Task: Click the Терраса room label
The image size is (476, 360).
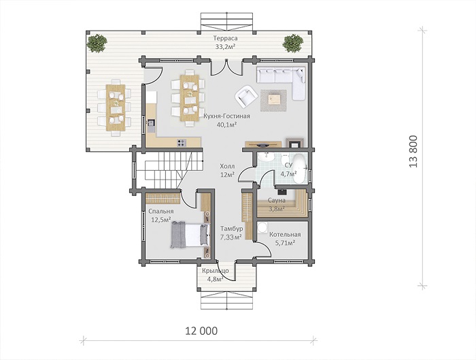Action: pyautogui.click(x=225, y=38)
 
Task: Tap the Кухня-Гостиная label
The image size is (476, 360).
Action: pyautogui.click(x=226, y=116)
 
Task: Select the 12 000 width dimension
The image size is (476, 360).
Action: pyautogui.click(x=201, y=331)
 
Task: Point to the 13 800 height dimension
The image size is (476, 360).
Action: pyautogui.click(x=413, y=151)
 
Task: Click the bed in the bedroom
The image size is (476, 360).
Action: pyautogui.click(x=190, y=235)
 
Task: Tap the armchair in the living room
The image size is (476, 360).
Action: pyautogui.click(x=246, y=97)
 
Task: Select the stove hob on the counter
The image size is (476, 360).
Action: pyautogui.click(x=182, y=142)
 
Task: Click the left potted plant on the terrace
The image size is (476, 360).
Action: pyautogui.click(x=97, y=43)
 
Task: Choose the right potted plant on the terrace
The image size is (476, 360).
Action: pyautogui.click(x=292, y=43)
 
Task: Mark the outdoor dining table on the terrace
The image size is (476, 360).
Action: pyautogui.click(x=116, y=108)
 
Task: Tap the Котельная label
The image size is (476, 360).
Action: pyautogui.click(x=285, y=235)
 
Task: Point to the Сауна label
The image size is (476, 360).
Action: pyautogui.click(x=277, y=200)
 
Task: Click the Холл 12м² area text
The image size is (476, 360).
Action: pyautogui.click(x=227, y=170)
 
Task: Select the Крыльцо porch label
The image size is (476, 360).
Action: pyautogui.click(x=216, y=271)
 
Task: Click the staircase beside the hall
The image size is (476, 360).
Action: pyautogui.click(x=169, y=170)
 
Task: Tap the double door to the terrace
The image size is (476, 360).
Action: pyautogui.click(x=226, y=67)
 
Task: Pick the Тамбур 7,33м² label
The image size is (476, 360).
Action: pyautogui.click(x=231, y=233)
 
